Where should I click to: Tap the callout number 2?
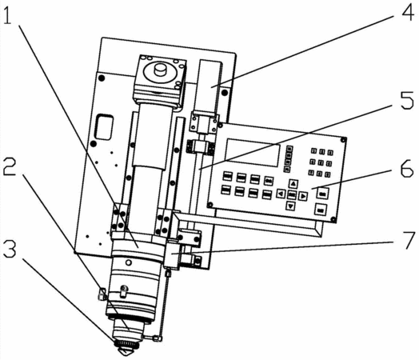9,166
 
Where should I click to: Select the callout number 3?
10,249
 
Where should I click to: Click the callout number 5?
407,100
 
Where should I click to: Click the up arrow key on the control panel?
293,184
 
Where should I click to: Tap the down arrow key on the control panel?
291,206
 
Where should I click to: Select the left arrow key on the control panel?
281,194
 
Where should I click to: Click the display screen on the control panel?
253,152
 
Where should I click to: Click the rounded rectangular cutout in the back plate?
104,127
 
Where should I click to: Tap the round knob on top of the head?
161,70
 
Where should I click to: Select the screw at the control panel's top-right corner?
343,140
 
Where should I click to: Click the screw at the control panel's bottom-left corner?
210,205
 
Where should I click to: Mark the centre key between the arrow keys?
292,195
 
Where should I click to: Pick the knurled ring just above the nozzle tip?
126,344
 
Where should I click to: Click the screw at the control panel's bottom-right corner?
333,220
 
